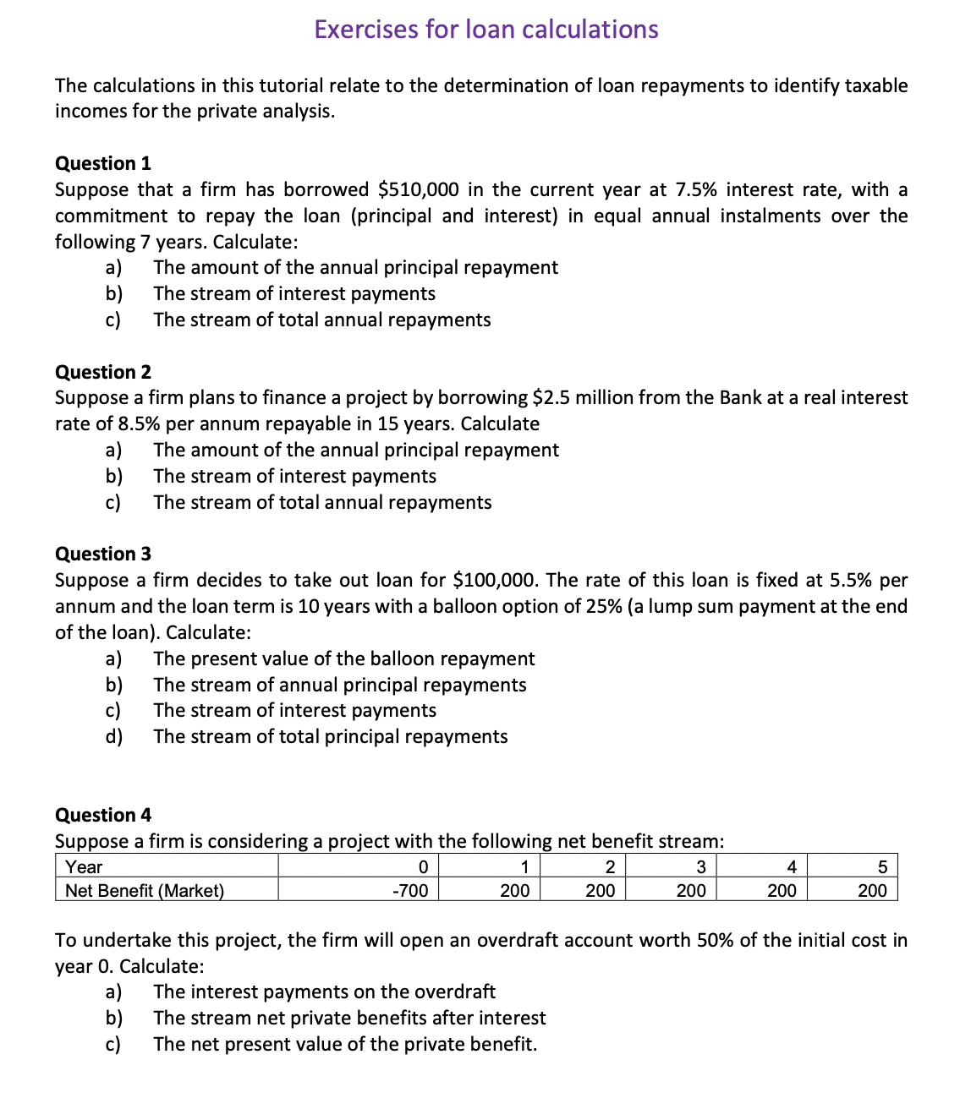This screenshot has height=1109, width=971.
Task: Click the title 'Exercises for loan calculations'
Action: point(485,30)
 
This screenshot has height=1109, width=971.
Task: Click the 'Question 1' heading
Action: point(103,163)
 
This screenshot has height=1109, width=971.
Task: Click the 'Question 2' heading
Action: point(103,372)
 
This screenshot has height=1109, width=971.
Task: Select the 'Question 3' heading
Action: point(103,554)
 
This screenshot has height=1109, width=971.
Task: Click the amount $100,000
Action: point(495,580)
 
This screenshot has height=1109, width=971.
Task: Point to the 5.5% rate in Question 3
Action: point(850,580)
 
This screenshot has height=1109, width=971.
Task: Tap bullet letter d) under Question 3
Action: point(113,736)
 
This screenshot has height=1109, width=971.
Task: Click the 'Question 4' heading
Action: point(103,815)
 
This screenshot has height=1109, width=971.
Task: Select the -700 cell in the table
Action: point(411,890)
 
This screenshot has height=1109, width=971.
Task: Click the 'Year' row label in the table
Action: point(84,867)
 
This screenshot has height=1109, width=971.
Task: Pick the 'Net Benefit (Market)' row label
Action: point(145,890)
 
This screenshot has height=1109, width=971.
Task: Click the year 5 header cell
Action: point(882,867)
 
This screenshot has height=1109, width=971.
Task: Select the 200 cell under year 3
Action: point(691,890)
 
